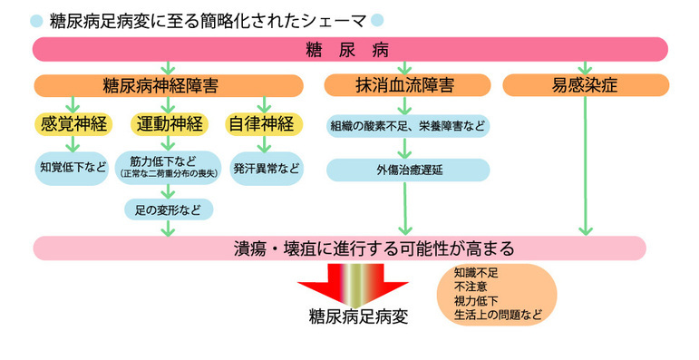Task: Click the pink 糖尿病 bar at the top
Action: pos(349,48)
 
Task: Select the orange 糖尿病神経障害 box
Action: pos(168,86)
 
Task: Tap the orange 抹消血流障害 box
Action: pos(405,86)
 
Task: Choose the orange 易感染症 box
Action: pos(586,86)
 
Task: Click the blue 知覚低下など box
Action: pos(73,168)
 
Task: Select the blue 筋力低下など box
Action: pos(169,167)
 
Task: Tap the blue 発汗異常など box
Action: pos(265,168)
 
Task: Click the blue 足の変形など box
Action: pos(169,209)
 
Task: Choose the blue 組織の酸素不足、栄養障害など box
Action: pos(408,126)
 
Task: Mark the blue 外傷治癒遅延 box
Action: pos(408,170)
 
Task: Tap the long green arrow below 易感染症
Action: pos(586,163)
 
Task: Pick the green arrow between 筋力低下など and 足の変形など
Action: pos(169,190)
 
